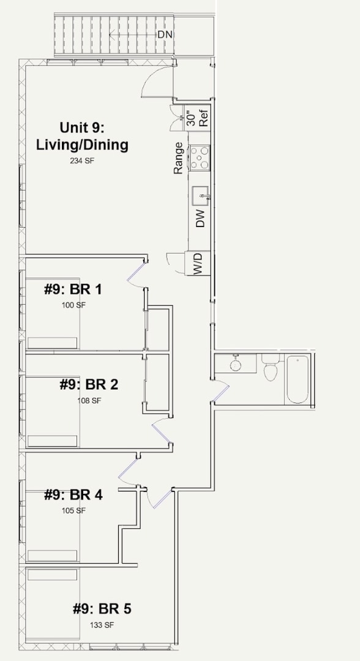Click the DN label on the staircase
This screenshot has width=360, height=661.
click(x=165, y=35)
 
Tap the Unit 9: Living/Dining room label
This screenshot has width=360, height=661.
click(x=82, y=136)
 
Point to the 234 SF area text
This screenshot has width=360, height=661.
click(x=82, y=160)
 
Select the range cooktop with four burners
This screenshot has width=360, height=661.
click(x=200, y=157)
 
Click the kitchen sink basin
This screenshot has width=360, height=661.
click(x=201, y=196)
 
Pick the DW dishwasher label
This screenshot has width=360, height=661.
click(x=201, y=218)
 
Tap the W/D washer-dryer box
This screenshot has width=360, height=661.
click(x=198, y=263)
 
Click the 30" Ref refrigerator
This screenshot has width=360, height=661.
click(x=198, y=118)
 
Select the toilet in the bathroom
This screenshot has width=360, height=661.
click(x=270, y=368)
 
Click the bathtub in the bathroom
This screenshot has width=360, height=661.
click(x=297, y=379)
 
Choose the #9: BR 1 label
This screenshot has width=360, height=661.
click(x=73, y=289)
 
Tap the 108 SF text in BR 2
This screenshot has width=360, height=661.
click(x=89, y=400)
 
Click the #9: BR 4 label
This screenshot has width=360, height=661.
click(x=73, y=495)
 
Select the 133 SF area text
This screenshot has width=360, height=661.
click(x=102, y=625)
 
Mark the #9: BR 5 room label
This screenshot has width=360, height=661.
click(x=102, y=609)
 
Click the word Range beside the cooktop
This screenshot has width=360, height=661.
click(x=178, y=158)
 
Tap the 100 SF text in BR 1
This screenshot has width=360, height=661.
click(x=73, y=305)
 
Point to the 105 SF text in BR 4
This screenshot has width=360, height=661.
click(x=73, y=510)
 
